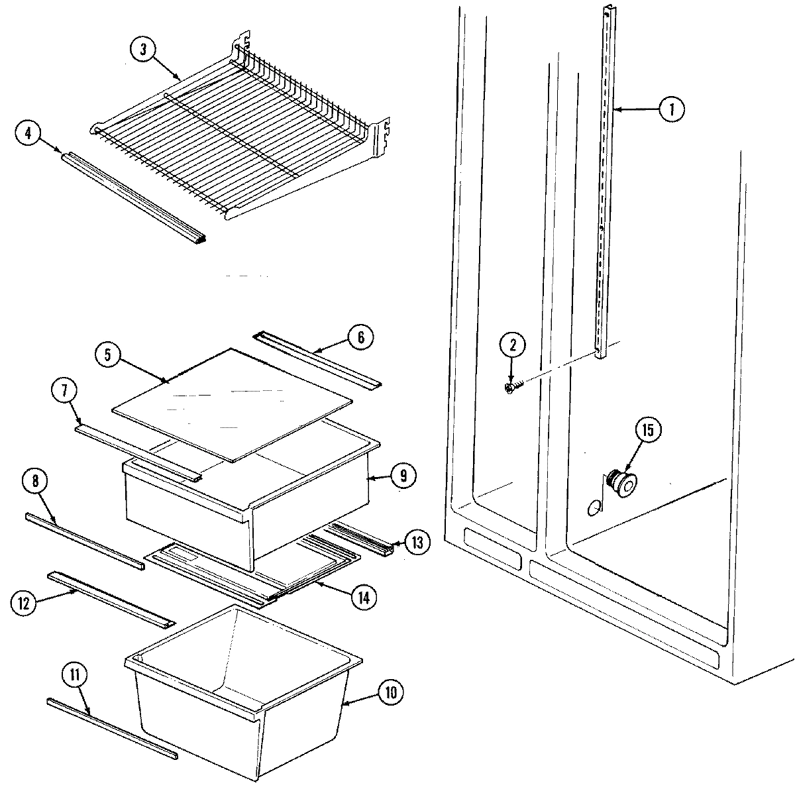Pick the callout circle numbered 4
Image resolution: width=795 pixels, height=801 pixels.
tap(27, 133)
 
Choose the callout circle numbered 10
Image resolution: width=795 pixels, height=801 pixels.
tap(390, 693)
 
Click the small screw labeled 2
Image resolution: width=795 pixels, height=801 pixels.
tap(512, 386)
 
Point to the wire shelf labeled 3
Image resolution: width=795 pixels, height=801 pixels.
tap(232, 139)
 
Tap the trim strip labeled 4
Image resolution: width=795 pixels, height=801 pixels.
tap(132, 196)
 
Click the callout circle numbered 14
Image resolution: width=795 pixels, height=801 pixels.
tap(362, 596)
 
